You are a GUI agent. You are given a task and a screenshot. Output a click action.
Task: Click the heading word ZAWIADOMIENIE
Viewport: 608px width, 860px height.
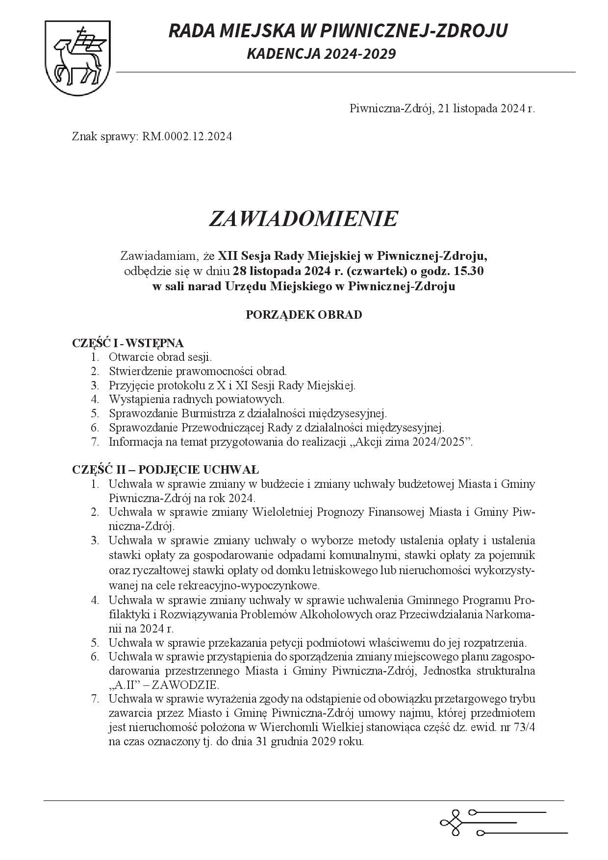point(303,219)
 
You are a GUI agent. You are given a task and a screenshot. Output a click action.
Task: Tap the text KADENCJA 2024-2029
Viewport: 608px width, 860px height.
point(321,54)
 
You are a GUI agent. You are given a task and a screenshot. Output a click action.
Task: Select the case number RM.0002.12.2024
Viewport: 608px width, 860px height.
point(187,136)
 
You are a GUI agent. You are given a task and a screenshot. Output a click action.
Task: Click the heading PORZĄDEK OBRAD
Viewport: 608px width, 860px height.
point(304,315)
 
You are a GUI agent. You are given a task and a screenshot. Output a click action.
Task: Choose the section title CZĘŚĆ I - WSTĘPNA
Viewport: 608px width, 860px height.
point(128,343)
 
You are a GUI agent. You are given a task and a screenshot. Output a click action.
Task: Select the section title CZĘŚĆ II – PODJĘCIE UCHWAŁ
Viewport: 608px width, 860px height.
point(165,470)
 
